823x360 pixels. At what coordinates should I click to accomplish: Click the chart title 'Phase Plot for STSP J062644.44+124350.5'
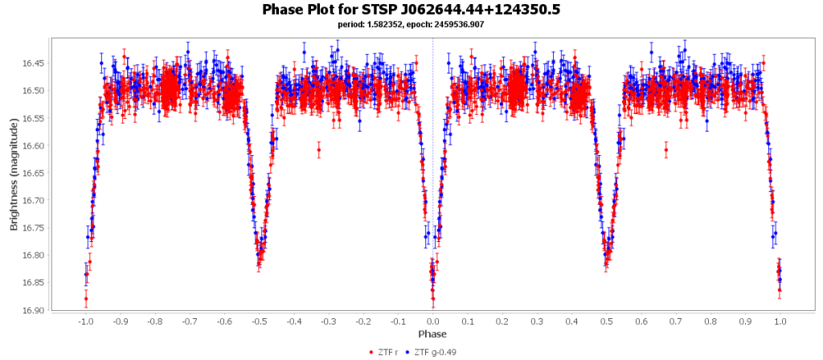tap(411, 10)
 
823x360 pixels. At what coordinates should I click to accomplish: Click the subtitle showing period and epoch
tap(411, 25)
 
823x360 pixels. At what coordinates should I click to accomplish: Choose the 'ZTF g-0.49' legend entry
tap(433, 352)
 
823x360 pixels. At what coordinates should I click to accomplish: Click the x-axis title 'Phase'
tap(432, 333)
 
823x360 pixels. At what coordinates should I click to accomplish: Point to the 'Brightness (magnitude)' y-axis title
tap(14, 174)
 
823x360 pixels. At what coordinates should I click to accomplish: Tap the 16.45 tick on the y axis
tap(35, 63)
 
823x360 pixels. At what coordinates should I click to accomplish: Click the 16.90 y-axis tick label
tap(35, 309)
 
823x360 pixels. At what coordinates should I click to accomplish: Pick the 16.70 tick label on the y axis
tap(35, 200)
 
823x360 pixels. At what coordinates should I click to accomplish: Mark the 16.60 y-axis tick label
tap(35, 145)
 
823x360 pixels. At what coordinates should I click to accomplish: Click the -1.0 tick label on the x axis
tap(84, 321)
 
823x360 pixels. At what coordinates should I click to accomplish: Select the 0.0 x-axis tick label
tap(432, 321)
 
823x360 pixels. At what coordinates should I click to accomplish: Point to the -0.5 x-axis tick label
tap(258, 321)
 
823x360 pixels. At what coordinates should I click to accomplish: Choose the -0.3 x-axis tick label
tap(328, 321)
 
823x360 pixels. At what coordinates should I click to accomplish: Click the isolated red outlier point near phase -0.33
tap(319, 150)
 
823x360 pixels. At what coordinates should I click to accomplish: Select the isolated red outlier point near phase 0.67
tap(666, 150)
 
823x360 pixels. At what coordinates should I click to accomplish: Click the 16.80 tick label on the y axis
tap(35, 255)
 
